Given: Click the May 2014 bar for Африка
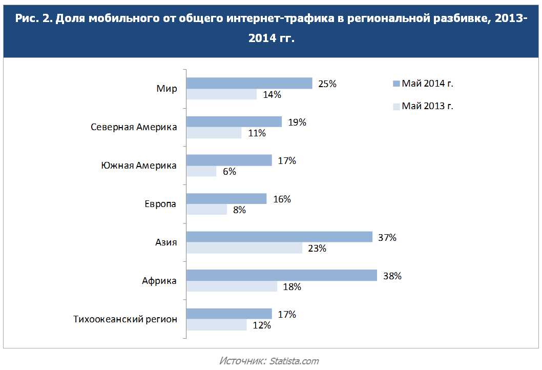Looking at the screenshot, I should [x=282, y=275].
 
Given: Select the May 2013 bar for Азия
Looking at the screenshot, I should [x=244, y=248].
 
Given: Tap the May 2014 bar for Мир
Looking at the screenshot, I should [x=249, y=83].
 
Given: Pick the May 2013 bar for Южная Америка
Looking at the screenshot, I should [x=201, y=171].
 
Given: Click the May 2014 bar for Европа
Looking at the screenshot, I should [x=226, y=198].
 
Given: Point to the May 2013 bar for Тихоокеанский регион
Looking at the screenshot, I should [x=216, y=325].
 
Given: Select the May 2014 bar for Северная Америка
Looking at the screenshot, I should [x=234, y=121].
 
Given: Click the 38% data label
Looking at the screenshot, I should [x=392, y=276].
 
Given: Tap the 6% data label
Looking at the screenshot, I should [x=229, y=172].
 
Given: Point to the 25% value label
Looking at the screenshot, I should [x=327, y=84].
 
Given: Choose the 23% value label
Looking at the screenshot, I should [x=318, y=249].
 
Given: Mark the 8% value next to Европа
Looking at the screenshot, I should [x=239, y=210].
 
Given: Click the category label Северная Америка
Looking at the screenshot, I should [x=134, y=127].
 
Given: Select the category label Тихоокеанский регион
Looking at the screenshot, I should [x=126, y=319].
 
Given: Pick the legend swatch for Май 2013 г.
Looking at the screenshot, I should [x=395, y=107].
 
